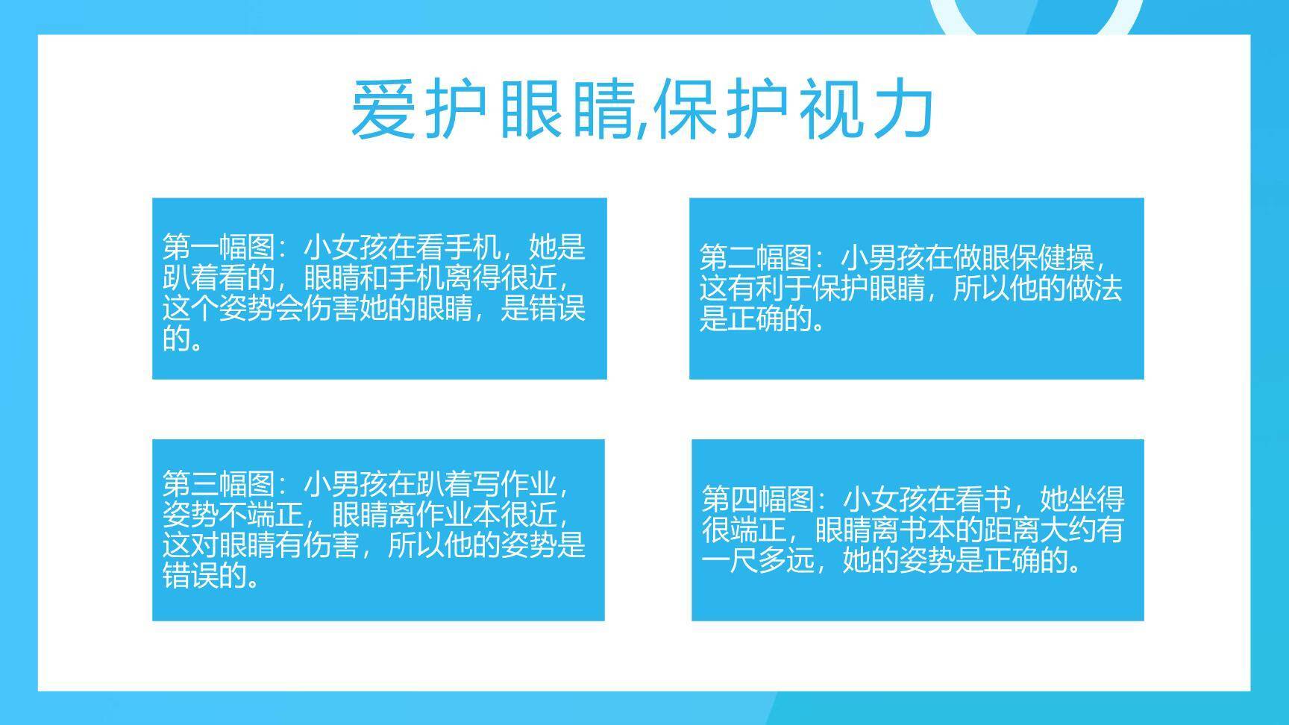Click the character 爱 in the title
coord(383,110)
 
